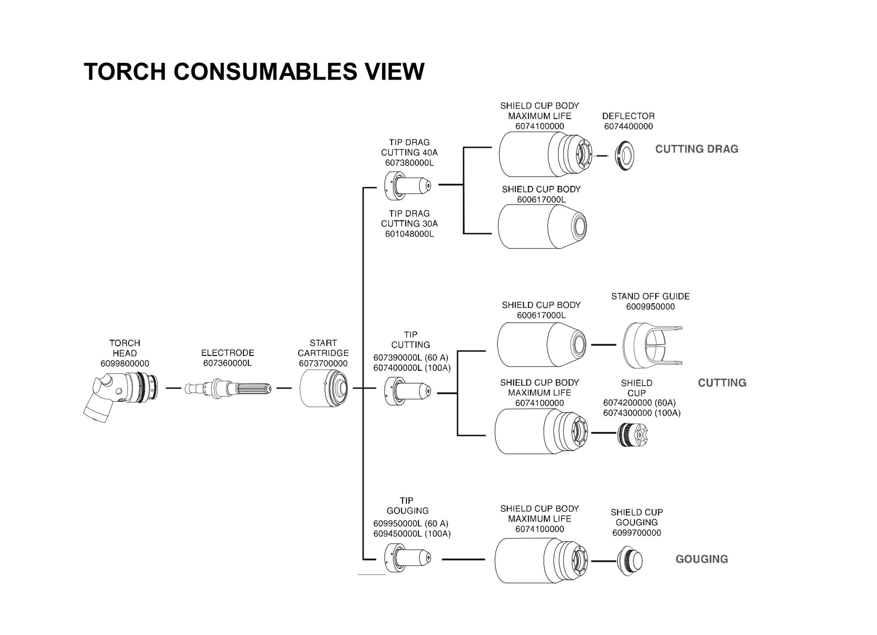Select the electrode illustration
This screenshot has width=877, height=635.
[x=228, y=388]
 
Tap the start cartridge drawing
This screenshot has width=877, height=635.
[x=324, y=388]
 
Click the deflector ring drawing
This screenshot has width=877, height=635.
[x=625, y=156]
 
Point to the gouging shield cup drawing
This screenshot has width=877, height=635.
[x=629, y=561]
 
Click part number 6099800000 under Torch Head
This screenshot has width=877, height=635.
[x=125, y=364]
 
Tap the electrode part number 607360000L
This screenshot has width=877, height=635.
[x=228, y=363]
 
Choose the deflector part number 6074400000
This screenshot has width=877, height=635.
[x=629, y=126]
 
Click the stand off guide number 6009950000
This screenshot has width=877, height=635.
[x=651, y=306]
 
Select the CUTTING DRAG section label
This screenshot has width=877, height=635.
[x=697, y=149]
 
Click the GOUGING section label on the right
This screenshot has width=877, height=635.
[x=702, y=559]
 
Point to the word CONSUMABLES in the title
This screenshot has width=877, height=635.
[x=265, y=71]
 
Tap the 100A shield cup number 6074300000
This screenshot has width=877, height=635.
[x=628, y=413]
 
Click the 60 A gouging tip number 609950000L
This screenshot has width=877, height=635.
[x=398, y=523]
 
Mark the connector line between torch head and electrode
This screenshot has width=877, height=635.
[x=174, y=388]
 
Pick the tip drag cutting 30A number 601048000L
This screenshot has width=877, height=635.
[x=410, y=234]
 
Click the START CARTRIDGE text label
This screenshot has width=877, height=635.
[x=323, y=348]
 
